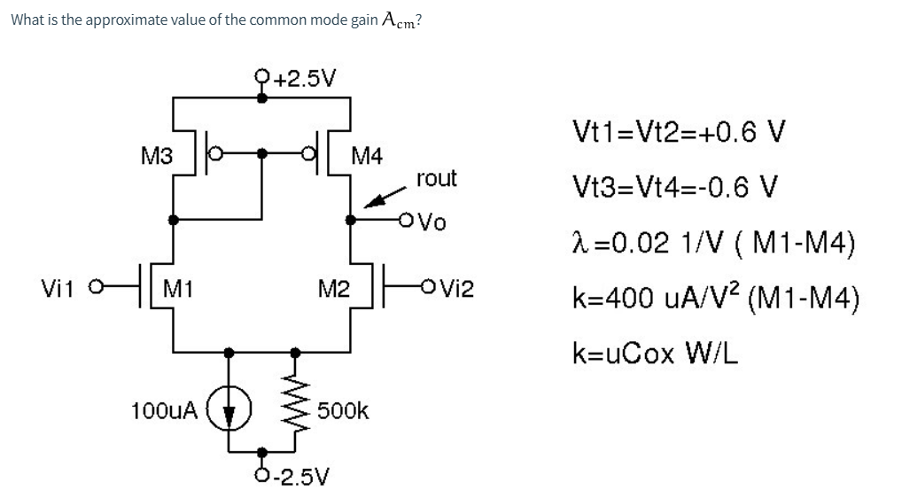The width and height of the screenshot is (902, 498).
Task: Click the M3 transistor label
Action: coord(157,156)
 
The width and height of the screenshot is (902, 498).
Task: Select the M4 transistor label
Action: coord(367,156)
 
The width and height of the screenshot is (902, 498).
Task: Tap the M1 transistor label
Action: coord(178,288)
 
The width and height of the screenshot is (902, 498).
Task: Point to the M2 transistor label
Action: coord(334,288)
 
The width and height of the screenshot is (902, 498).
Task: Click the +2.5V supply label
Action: coord(304,78)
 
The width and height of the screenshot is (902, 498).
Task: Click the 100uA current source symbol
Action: coord(229,409)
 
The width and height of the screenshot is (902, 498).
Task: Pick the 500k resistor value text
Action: coord(343,410)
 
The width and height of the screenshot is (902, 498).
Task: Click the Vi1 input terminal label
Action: coord(58,288)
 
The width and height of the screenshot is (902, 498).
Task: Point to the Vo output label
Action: coord(432,222)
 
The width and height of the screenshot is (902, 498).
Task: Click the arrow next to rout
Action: coord(385,197)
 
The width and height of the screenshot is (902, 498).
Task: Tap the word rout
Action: coord(436,178)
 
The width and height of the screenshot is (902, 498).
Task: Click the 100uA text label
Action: coord(164,410)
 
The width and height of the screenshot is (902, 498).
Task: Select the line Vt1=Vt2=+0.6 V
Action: coord(678,132)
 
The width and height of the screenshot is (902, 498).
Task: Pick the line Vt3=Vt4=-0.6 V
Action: coord(675,186)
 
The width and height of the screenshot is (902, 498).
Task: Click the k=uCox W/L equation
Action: coord(655,353)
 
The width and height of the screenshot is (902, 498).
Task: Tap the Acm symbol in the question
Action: coord(398,20)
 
